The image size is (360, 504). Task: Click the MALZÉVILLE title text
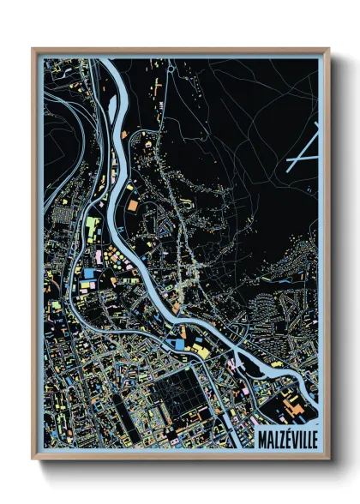coord(287,440)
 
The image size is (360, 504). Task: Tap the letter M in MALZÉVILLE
coord(263,440)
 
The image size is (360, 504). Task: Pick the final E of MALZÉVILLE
coord(313,440)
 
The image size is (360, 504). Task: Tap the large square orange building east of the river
coord(136,206)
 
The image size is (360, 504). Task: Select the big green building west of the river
coord(92,228)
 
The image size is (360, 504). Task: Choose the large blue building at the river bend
coord(177,344)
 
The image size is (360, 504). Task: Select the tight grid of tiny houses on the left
coord(65,213)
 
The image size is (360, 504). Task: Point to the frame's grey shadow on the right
coord(336,257)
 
